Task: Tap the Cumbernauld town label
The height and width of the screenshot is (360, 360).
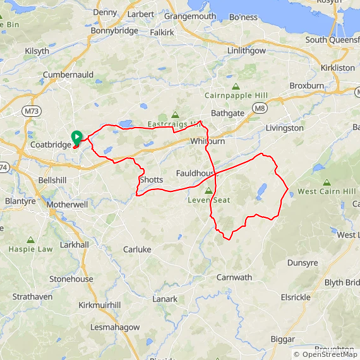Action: coord(68,75)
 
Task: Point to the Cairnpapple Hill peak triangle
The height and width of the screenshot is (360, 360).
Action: coord(236,87)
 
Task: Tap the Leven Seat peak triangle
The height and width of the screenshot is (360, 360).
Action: coord(208,190)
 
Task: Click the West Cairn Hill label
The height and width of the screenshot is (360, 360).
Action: coord(327,191)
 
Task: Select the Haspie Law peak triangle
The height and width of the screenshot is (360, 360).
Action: coord(30,240)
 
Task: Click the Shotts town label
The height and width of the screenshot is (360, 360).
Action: coord(151,180)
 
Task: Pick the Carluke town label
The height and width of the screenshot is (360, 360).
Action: coord(137,249)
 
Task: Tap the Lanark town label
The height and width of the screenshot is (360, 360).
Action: coord(165,299)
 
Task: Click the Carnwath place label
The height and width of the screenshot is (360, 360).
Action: coord(234,277)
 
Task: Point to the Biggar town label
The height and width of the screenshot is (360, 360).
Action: coord(282,339)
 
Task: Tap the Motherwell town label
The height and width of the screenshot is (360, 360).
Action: coord(67,205)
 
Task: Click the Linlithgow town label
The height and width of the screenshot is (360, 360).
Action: coord(247,51)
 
